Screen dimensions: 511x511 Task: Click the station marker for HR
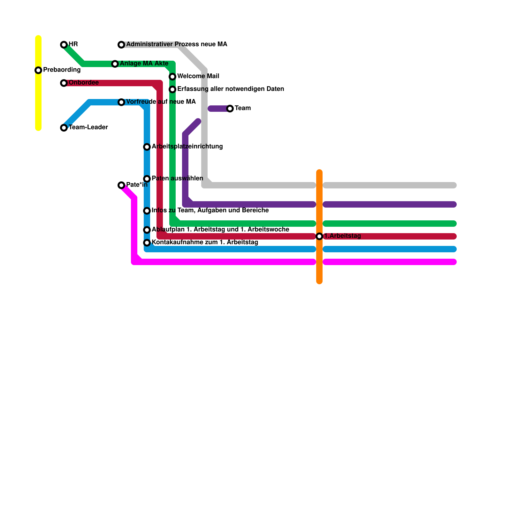tap(64, 45)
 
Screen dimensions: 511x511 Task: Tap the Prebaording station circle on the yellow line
tap(38, 70)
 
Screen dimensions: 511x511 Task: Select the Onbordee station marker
tap(64, 83)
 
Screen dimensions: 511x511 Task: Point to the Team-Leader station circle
tap(64, 128)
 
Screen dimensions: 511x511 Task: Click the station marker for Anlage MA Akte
tap(115, 64)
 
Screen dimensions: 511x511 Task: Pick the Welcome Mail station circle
tap(172, 77)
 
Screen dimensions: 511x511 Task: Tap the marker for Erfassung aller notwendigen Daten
tap(172, 89)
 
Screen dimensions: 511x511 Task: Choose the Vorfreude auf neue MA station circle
tap(121, 102)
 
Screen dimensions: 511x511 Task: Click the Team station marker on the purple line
tap(230, 109)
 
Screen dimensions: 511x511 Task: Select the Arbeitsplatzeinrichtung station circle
tap(147, 147)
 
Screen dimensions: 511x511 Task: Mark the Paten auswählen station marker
tap(147, 179)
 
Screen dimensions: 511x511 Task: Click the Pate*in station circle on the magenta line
tap(121, 185)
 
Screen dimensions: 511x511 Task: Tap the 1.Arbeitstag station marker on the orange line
tap(319, 236)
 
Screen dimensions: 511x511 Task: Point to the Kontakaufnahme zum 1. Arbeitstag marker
tap(147, 243)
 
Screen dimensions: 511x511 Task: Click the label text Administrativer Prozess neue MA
tap(177, 44)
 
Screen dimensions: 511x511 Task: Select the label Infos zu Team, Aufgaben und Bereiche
tap(210, 210)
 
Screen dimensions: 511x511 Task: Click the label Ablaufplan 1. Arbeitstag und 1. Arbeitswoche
tap(220, 230)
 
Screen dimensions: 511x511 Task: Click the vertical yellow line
tap(38, 102)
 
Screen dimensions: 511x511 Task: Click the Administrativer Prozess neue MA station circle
tap(121, 45)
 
